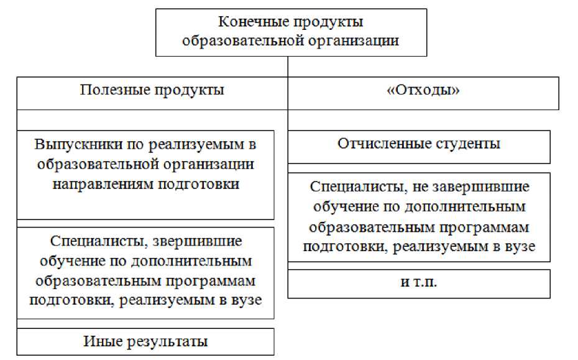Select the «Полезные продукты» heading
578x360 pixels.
pyautogui.click(x=152, y=90)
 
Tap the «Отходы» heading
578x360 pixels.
pyautogui.click(x=423, y=90)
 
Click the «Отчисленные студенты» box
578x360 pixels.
pyautogui.click(x=418, y=144)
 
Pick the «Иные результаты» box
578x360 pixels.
pyautogui.click(x=145, y=341)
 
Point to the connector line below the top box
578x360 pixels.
pyautogui.click(x=288, y=66)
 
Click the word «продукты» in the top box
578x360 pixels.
pyautogui.click(x=328, y=22)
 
